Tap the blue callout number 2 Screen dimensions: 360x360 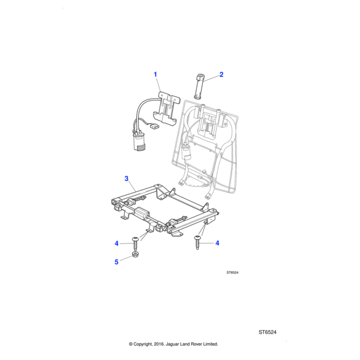click(221, 75)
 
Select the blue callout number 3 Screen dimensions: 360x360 click(126, 178)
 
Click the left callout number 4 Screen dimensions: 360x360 click(117, 243)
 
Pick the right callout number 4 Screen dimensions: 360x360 click(217, 243)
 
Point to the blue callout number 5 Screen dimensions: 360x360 click(117, 262)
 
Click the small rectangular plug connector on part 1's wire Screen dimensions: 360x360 click(154, 127)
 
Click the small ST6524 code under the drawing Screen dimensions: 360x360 click(232, 272)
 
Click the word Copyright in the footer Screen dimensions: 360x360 click(147, 344)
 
